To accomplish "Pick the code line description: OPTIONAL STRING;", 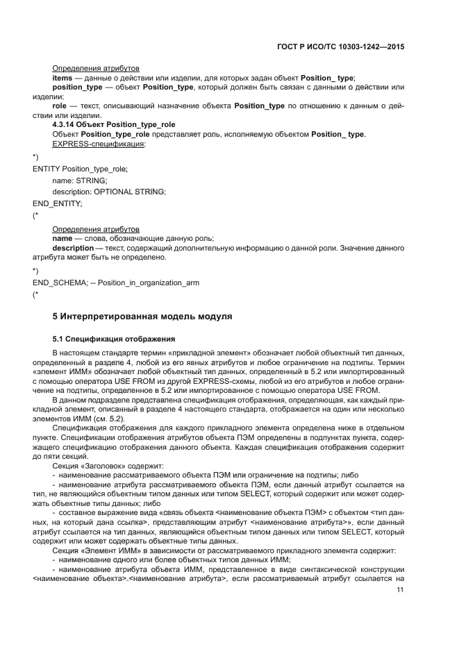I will click(x=109, y=192).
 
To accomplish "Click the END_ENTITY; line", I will click(x=57, y=203).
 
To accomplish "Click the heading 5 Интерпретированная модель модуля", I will click(x=142, y=317).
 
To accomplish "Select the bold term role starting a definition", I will click(x=59, y=106).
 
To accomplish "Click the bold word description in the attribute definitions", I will click(x=73, y=248).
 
